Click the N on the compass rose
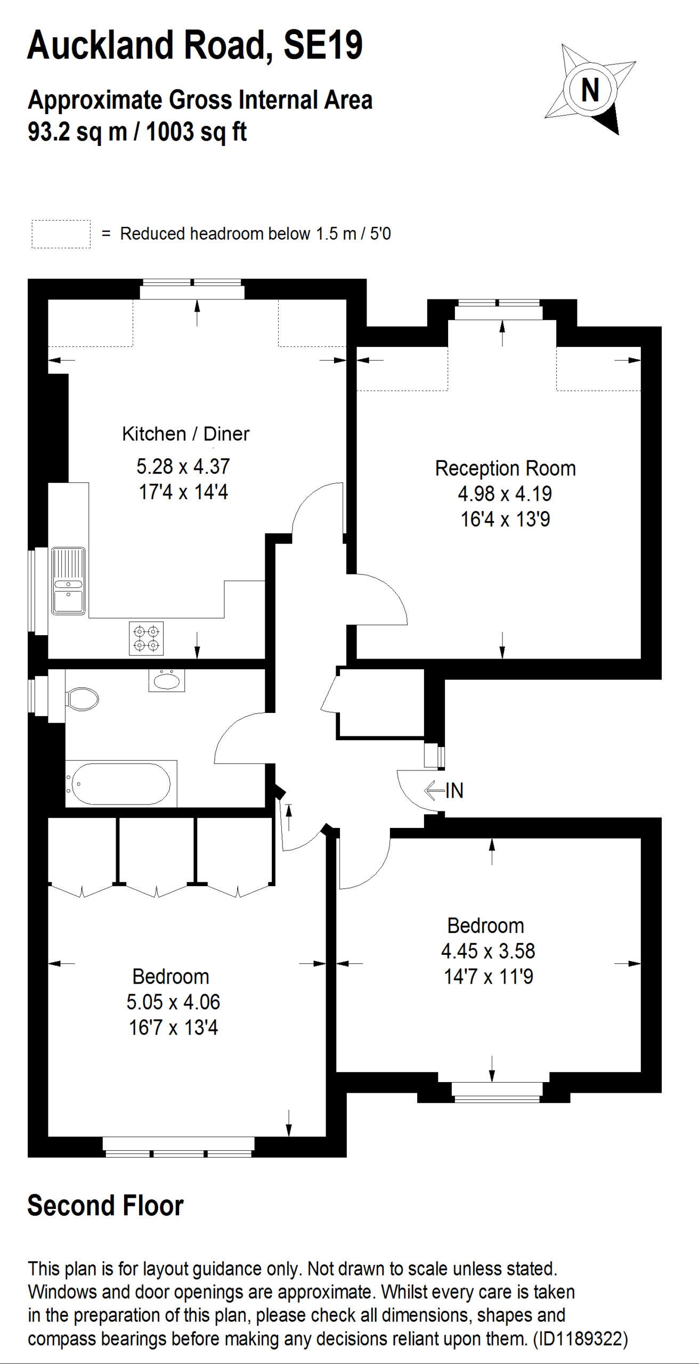[590, 90]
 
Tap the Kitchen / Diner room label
[185, 434]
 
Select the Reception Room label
[505, 468]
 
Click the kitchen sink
[68, 581]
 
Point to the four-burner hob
[147, 638]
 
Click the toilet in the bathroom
[82, 699]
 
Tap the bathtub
[121, 783]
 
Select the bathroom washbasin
[167, 680]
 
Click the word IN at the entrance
[454, 791]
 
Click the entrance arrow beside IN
[434, 791]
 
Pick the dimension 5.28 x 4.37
[183, 466]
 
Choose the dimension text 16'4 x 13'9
[505, 519]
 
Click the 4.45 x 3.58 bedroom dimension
[488, 951]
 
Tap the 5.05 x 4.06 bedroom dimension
[173, 1002]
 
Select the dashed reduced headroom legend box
[61, 234]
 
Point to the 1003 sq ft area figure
[196, 132]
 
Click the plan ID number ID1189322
[580, 1339]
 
